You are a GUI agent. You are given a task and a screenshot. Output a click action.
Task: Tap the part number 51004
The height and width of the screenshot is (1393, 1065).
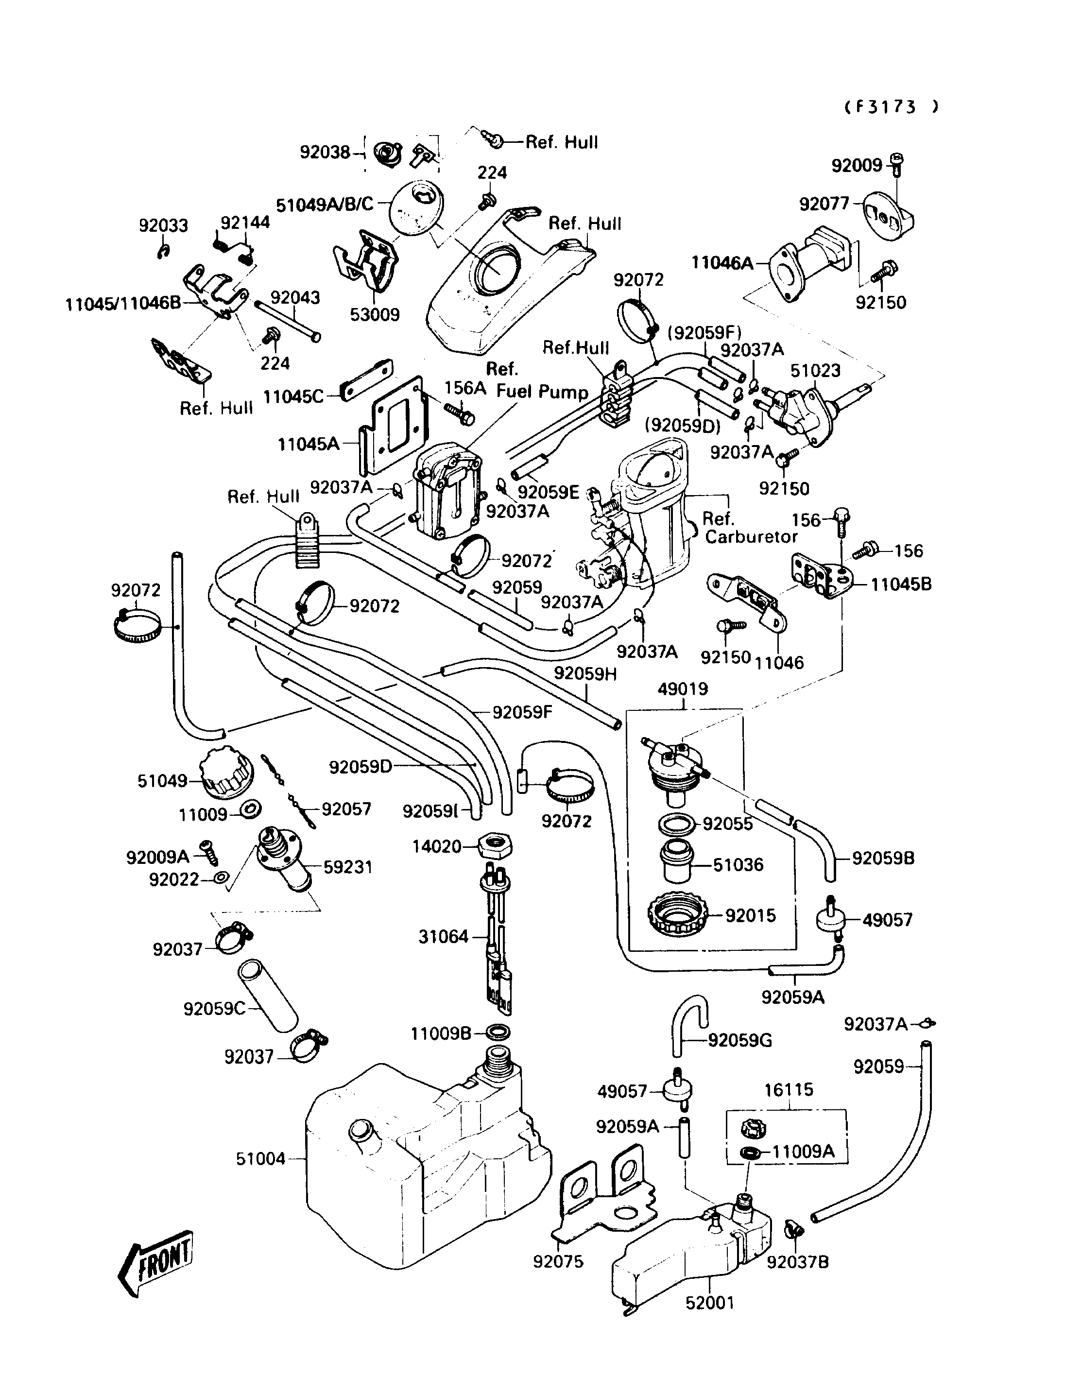260,1159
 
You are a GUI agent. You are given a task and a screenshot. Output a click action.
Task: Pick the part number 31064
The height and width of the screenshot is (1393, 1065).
443,936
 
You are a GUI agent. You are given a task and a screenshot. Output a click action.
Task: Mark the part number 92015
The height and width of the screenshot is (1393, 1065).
751,915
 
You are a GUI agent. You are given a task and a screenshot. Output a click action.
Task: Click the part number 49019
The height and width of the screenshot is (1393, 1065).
683,689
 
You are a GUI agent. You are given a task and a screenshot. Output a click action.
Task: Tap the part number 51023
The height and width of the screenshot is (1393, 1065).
815,370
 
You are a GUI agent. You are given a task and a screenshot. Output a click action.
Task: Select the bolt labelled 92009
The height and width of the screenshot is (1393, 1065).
897,164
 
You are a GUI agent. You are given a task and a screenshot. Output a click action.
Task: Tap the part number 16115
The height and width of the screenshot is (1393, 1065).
789,1089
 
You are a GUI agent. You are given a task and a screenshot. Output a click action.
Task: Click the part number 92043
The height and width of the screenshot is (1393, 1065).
295,297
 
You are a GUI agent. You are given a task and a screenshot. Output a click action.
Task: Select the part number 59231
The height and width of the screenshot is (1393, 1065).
347,867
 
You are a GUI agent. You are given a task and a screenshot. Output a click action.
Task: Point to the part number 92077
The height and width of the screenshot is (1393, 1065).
824,204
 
